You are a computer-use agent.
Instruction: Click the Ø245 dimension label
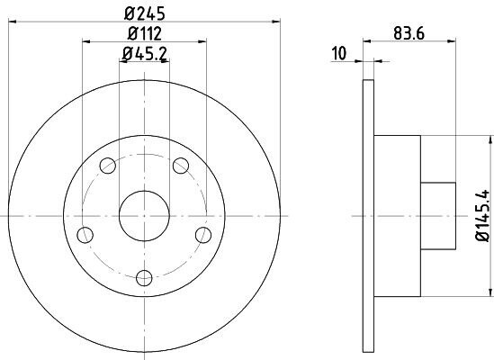[x=145, y=13]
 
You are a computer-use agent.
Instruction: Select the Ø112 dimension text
[x=145, y=33]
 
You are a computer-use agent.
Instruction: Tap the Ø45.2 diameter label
[x=145, y=54]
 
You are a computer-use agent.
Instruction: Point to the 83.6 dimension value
[x=409, y=33]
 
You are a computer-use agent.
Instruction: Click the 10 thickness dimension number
[x=339, y=53]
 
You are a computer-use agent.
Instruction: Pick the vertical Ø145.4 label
[x=483, y=216]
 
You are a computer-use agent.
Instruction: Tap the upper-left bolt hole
[x=108, y=166]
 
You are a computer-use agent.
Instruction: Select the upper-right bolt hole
[x=181, y=166]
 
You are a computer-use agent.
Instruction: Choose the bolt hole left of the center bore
[x=85, y=235]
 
